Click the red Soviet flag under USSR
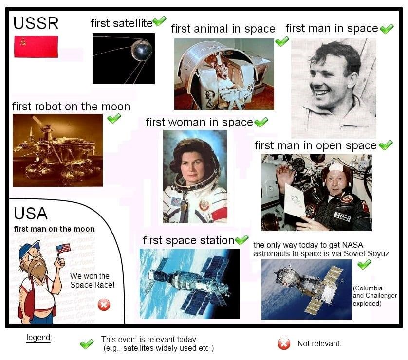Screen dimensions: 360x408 (36, 47)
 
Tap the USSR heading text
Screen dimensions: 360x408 (36, 23)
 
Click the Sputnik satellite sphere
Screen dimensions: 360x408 (142, 50)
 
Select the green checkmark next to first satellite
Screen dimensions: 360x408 (159, 21)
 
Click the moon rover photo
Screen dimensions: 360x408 (57, 150)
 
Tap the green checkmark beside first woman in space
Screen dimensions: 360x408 (261, 122)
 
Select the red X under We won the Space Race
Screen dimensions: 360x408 (104, 305)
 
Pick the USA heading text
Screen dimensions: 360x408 (31, 214)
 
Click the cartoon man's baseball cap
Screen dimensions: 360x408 (28, 249)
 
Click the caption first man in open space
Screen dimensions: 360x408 (315, 145)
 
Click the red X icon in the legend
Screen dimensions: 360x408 (284, 343)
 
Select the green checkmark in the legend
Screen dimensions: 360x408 (87, 344)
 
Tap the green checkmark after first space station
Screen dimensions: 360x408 (241, 240)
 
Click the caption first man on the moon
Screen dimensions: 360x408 (54, 229)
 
